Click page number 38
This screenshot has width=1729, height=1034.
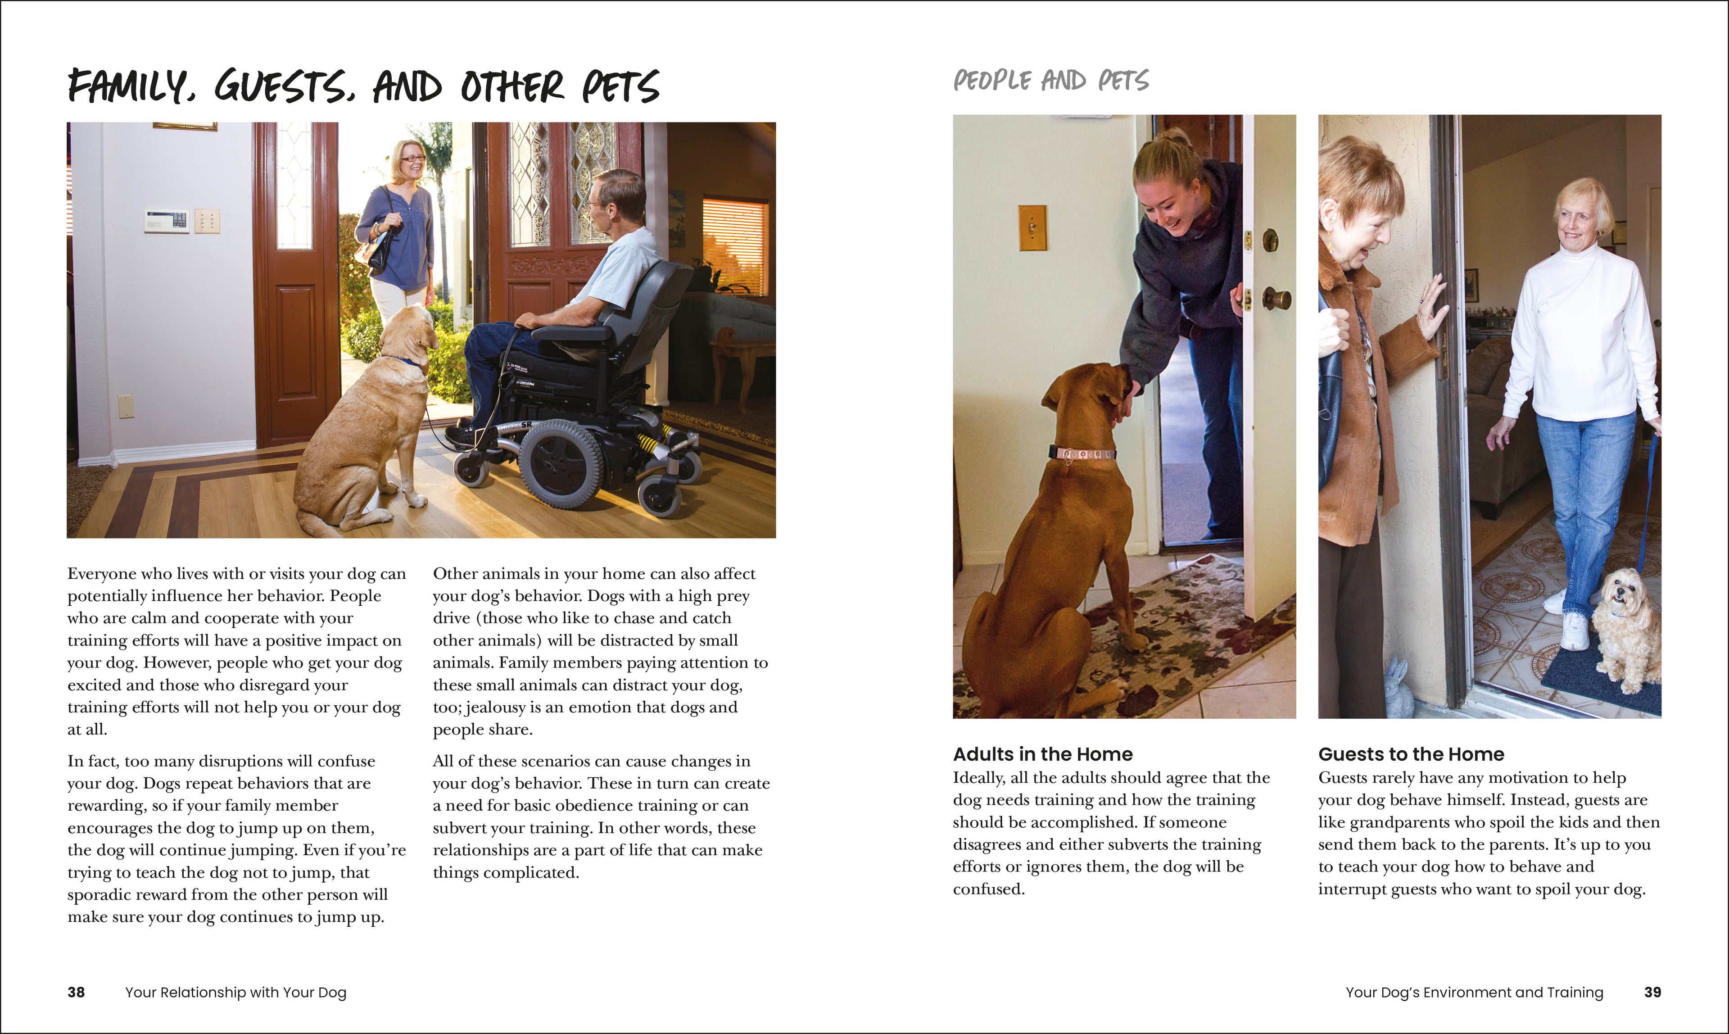tap(76, 992)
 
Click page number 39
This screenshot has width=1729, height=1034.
tap(1652, 992)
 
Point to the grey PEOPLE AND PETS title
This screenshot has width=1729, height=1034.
tap(1050, 81)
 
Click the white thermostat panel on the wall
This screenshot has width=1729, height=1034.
tap(167, 220)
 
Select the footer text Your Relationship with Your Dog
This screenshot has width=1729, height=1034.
tap(235, 992)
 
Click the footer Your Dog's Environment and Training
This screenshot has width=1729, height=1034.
tap(1474, 992)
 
